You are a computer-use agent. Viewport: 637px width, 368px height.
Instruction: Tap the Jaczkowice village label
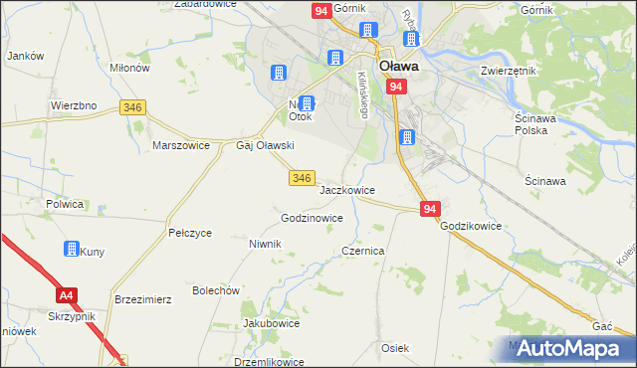click(x=346, y=189)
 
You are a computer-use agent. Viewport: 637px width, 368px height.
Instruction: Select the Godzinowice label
click(x=313, y=217)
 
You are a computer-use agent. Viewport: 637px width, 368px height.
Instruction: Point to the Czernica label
click(x=363, y=252)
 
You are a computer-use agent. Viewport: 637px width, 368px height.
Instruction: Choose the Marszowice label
click(x=180, y=144)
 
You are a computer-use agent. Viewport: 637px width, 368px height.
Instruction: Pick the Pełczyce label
click(x=190, y=233)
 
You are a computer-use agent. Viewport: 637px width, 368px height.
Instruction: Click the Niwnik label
click(x=266, y=243)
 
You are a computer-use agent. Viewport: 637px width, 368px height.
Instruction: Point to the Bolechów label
click(x=217, y=290)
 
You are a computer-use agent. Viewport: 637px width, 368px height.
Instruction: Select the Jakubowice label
click(x=271, y=323)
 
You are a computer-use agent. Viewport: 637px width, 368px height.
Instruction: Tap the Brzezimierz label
click(x=144, y=298)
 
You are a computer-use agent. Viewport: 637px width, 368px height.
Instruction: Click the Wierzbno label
click(x=73, y=104)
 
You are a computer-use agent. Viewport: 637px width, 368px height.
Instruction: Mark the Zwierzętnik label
click(x=509, y=72)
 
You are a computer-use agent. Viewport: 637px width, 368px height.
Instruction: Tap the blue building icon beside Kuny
click(x=72, y=249)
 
